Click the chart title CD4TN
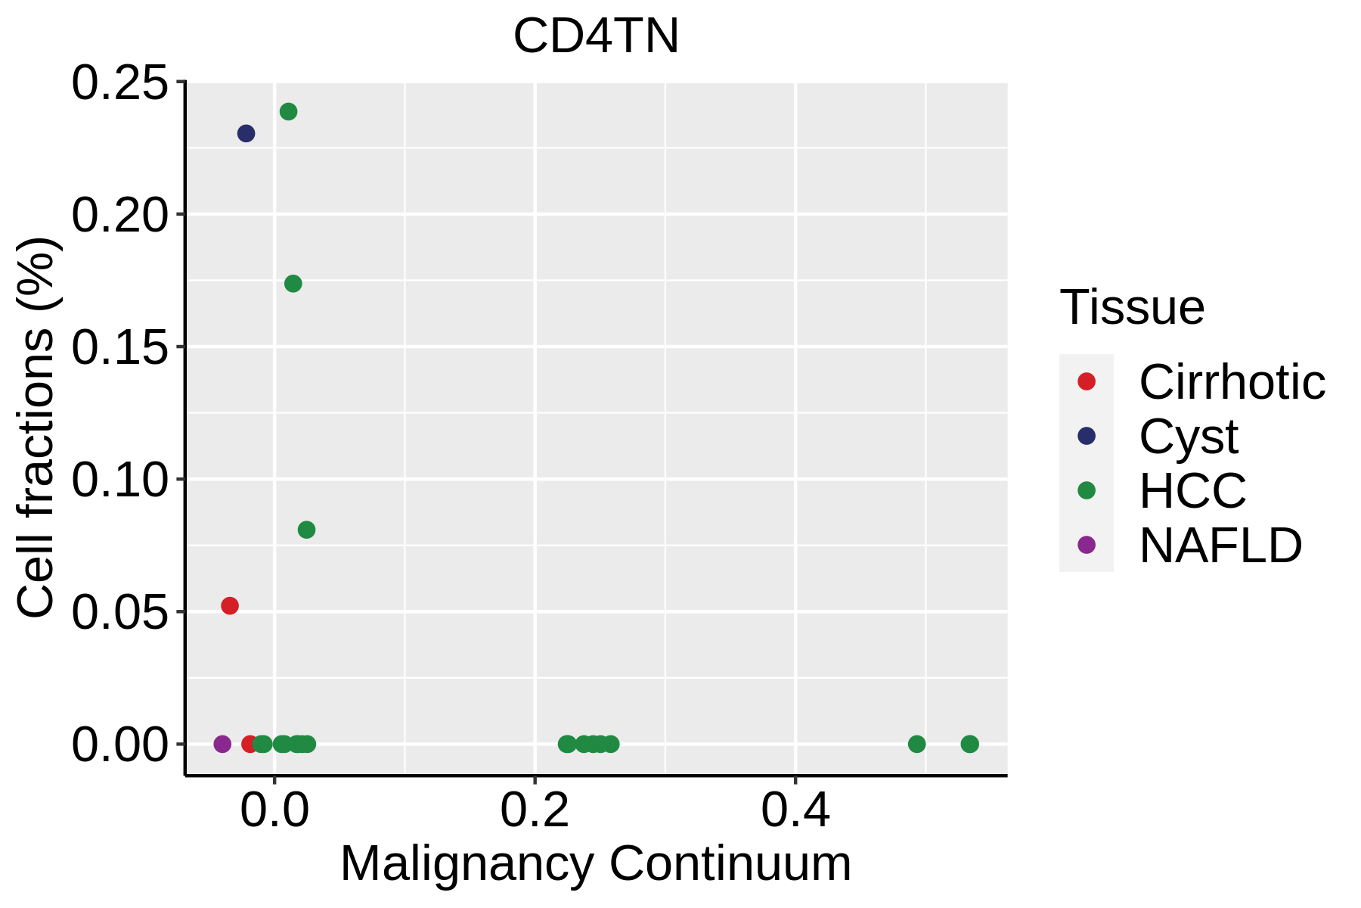pyautogui.click(x=596, y=36)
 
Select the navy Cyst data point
pyautogui.click(x=246, y=134)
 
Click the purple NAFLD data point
pyautogui.click(x=222, y=744)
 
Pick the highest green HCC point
pyautogui.click(x=288, y=112)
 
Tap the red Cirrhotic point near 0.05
pyautogui.click(x=230, y=606)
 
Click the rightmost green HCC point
pyautogui.click(x=969, y=744)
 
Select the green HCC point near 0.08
pyautogui.click(x=306, y=530)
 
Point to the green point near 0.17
pyautogui.click(x=293, y=284)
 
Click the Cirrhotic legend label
pyautogui.click(x=1232, y=382)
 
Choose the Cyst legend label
pyautogui.click(x=1188, y=437)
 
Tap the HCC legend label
pyautogui.click(x=1192, y=491)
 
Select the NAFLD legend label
pyautogui.click(x=1220, y=546)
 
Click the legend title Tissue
pyautogui.click(x=1132, y=307)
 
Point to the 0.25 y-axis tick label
pyautogui.click(x=119, y=82)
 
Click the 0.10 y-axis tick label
pyautogui.click(x=119, y=480)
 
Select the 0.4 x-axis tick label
pyautogui.click(x=795, y=811)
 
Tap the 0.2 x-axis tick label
pyautogui.click(x=535, y=811)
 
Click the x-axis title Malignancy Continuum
pyautogui.click(x=596, y=864)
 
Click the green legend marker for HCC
pyautogui.click(x=1087, y=490)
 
